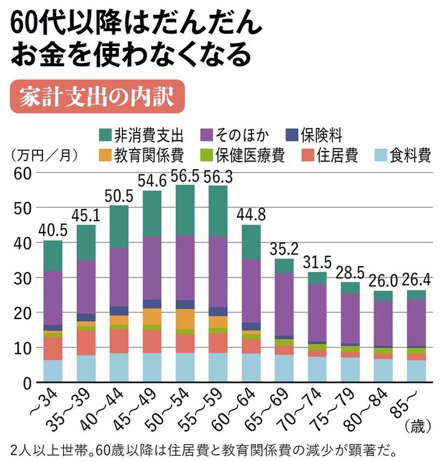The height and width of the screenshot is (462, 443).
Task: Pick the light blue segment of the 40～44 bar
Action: pos(119,367)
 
